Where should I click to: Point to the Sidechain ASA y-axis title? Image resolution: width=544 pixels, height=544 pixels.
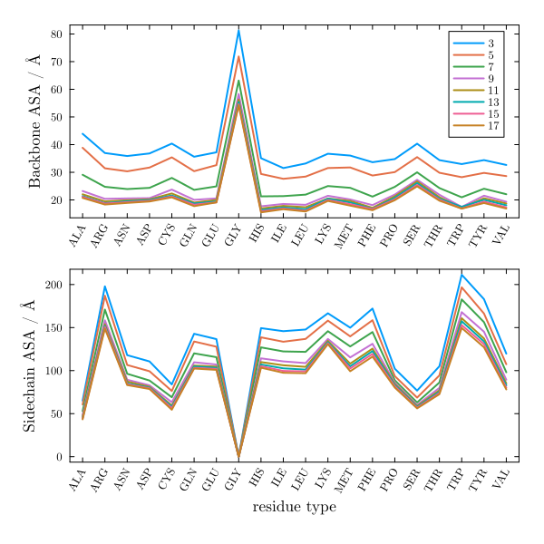tap(30, 365)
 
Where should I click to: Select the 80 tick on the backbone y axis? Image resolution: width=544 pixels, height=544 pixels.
tap(56, 34)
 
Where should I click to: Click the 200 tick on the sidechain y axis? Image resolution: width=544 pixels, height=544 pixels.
tap(53, 285)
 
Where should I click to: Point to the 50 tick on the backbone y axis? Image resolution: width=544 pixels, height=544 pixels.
tap(56, 117)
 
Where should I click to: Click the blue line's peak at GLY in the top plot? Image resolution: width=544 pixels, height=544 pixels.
tap(239, 30)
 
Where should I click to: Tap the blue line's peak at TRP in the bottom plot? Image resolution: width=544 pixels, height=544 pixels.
tap(462, 275)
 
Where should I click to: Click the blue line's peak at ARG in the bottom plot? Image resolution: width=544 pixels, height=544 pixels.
tap(105, 287)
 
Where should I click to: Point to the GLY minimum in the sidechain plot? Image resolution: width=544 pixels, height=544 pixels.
tap(239, 456)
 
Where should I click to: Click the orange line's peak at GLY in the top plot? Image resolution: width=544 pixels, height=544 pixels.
tap(239, 57)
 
